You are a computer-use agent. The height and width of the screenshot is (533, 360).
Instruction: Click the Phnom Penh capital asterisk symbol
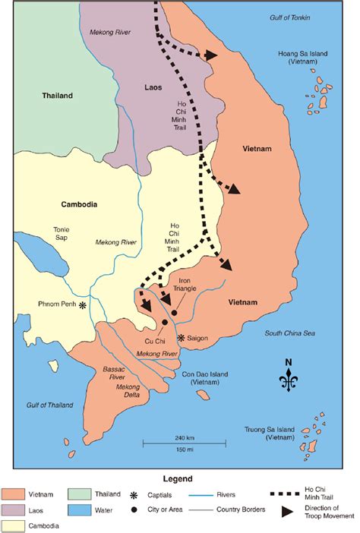[x=83, y=304]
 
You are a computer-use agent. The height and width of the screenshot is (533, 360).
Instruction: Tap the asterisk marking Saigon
[x=181, y=337]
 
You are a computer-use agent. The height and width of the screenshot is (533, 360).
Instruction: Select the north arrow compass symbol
[x=289, y=378]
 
